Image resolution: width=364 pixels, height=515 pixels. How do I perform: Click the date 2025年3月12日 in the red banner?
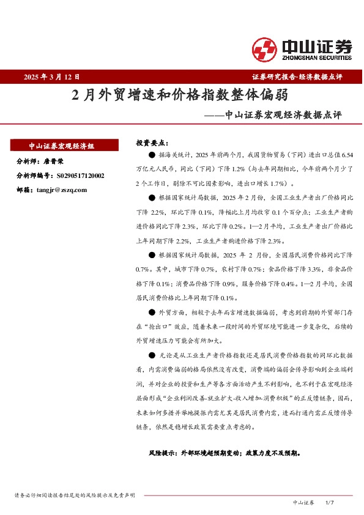point(52,77)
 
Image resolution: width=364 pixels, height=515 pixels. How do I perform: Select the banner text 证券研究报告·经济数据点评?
point(297,77)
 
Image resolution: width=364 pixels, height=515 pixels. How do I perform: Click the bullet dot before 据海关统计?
point(152,157)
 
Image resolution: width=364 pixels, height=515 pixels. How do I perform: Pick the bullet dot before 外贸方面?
point(152,312)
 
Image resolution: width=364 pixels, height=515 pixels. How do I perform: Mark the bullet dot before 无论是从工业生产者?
point(152,355)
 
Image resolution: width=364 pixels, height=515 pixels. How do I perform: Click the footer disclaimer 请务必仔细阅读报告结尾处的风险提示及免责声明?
point(74,494)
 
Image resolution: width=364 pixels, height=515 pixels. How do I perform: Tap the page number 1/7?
point(330,502)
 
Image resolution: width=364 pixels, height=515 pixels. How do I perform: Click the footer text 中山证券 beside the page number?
point(303,502)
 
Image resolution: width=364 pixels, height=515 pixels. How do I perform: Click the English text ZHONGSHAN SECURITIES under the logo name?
point(316,58)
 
